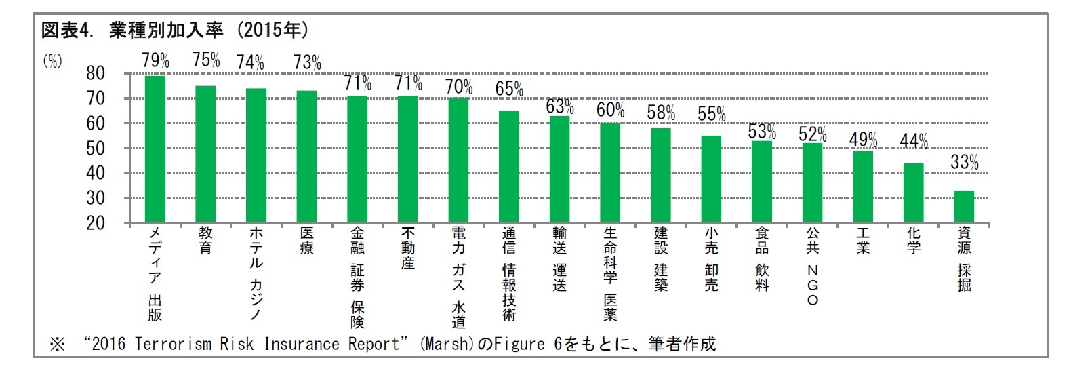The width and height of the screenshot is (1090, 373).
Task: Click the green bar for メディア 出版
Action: click(155, 149)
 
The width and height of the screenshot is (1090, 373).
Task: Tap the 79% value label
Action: click(155, 60)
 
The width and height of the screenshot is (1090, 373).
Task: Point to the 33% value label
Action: click(964, 162)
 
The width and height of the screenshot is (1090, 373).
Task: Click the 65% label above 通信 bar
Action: click(509, 89)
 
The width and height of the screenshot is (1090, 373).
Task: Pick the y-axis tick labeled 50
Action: click(96, 149)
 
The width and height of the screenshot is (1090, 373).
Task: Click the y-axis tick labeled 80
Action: click(96, 73)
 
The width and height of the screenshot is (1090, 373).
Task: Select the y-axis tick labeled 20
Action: click(96, 223)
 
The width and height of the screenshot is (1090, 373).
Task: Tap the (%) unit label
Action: click(52, 61)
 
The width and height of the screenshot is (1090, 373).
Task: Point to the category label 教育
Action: click(205, 240)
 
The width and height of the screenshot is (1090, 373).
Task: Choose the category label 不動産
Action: click(407, 248)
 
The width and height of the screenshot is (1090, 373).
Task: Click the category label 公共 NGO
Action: click(812, 265)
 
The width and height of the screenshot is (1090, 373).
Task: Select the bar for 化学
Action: click(913, 193)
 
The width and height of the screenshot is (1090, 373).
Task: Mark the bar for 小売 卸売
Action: click(711, 179)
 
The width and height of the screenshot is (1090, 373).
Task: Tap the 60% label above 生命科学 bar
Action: click(610, 110)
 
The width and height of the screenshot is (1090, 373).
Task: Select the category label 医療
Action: click(306, 240)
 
